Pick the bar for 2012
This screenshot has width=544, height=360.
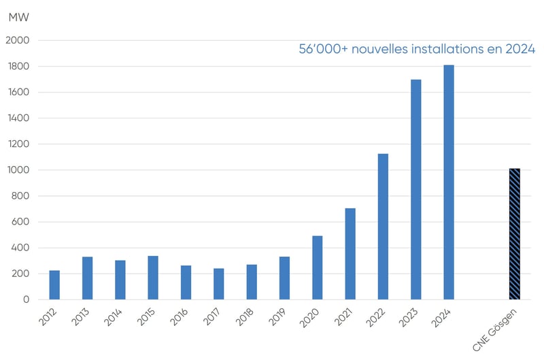[54, 285]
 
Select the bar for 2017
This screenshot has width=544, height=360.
[219, 284]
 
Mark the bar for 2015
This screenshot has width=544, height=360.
[153, 278]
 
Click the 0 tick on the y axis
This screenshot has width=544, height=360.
[26, 299]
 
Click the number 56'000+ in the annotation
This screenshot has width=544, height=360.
[323, 50]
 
